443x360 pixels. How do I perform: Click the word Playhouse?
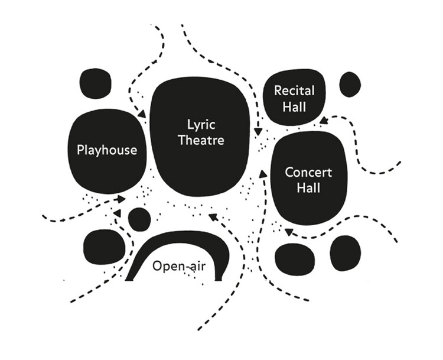(x=107, y=150)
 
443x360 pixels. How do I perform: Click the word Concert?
(x=308, y=173)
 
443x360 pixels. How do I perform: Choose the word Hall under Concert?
(x=308, y=189)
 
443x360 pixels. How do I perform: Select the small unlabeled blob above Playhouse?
(x=95, y=83)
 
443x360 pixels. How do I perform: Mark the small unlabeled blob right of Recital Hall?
(x=350, y=85)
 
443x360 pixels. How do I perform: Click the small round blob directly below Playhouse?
(x=139, y=219)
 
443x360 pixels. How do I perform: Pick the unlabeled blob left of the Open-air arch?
(x=104, y=247)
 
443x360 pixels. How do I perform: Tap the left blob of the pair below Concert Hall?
(x=295, y=259)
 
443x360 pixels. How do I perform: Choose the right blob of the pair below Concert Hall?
(x=346, y=253)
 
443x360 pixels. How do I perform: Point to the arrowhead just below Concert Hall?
(x=288, y=231)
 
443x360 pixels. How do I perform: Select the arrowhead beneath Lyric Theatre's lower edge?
(x=213, y=216)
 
